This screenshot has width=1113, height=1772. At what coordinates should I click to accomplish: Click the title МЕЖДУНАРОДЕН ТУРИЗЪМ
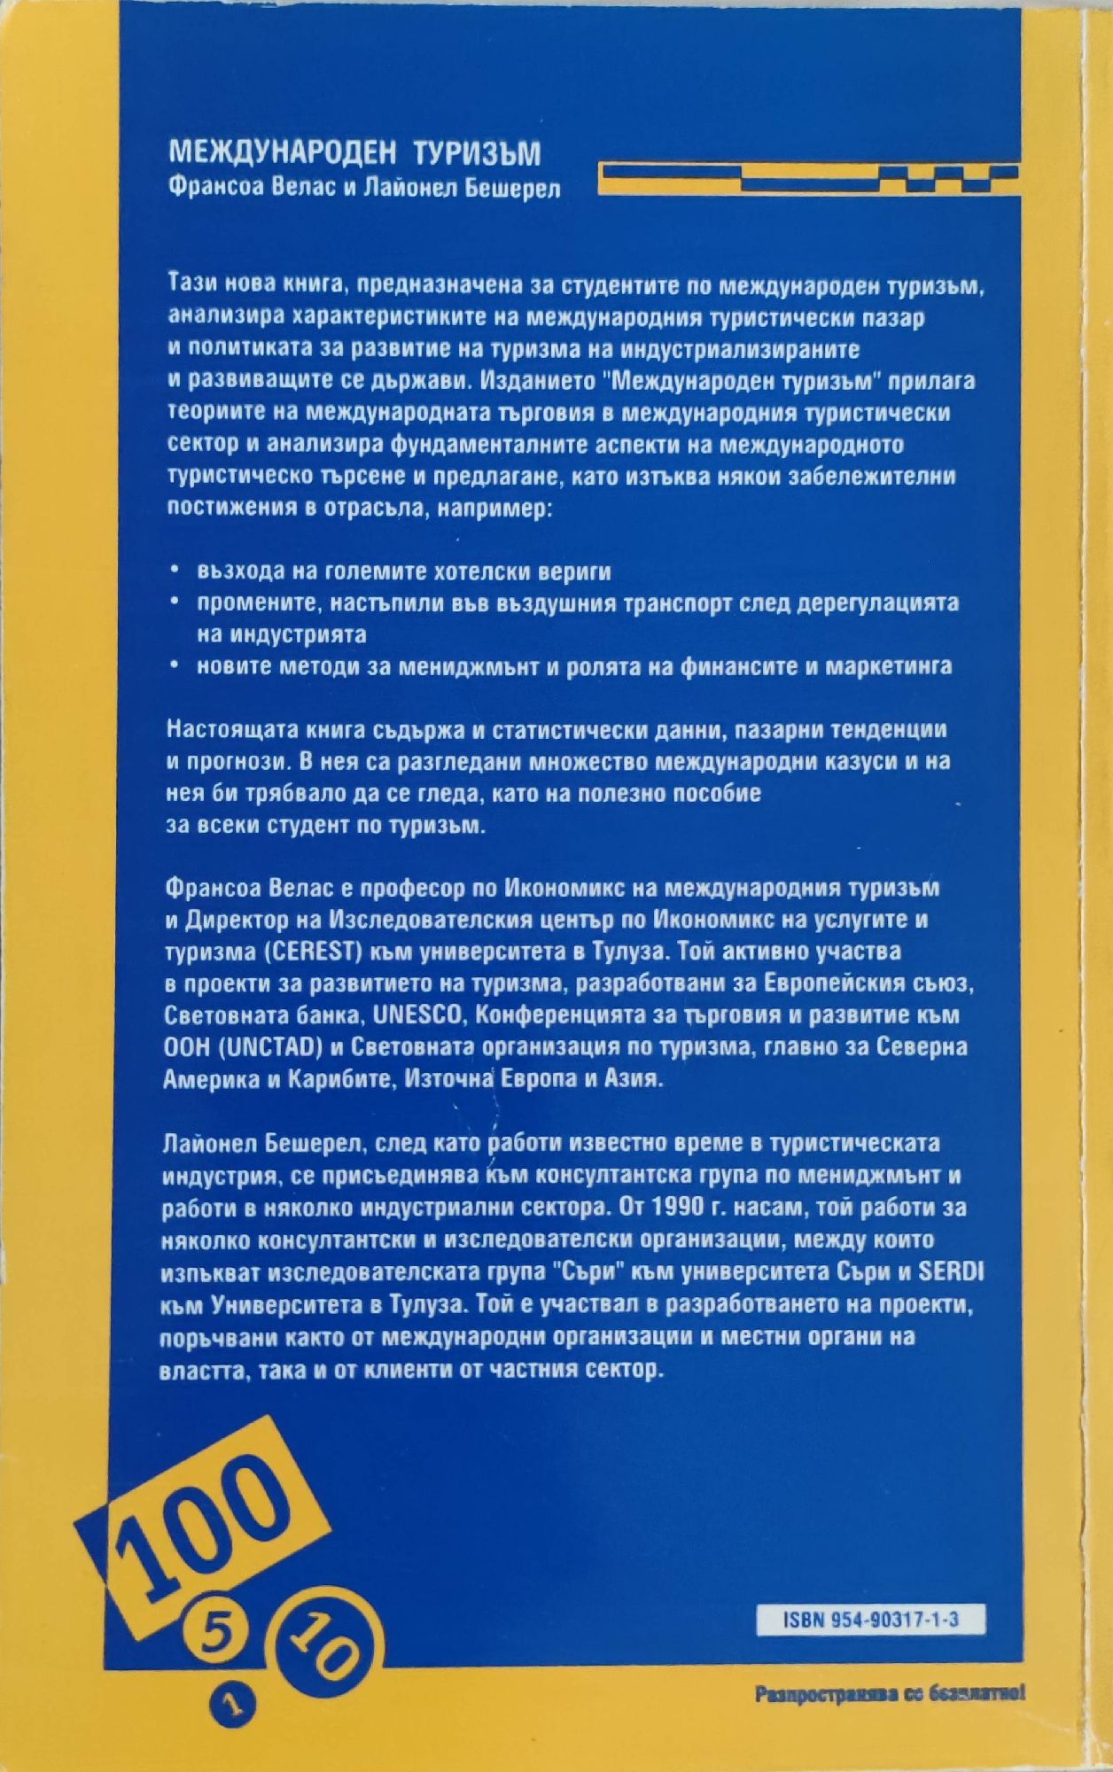[x=354, y=153]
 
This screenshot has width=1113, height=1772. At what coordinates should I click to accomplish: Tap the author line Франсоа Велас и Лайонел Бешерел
[x=363, y=189]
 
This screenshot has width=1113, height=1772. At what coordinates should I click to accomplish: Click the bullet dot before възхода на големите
[x=176, y=570]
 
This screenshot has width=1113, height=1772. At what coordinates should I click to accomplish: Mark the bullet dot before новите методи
[x=176, y=664]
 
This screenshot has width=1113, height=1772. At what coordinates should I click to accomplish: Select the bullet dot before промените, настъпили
[x=176, y=602]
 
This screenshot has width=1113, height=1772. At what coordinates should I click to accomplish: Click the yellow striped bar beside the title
[x=806, y=178]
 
